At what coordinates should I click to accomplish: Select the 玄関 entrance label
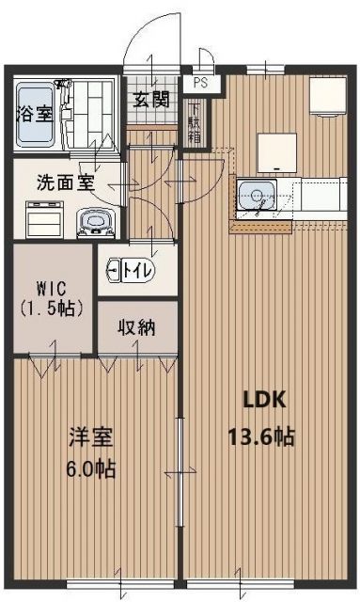point(150,99)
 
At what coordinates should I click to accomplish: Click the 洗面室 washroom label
point(64,181)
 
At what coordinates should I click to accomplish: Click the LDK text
point(265,399)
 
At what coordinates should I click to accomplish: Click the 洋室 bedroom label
point(92,438)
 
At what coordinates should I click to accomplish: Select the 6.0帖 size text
point(91,468)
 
